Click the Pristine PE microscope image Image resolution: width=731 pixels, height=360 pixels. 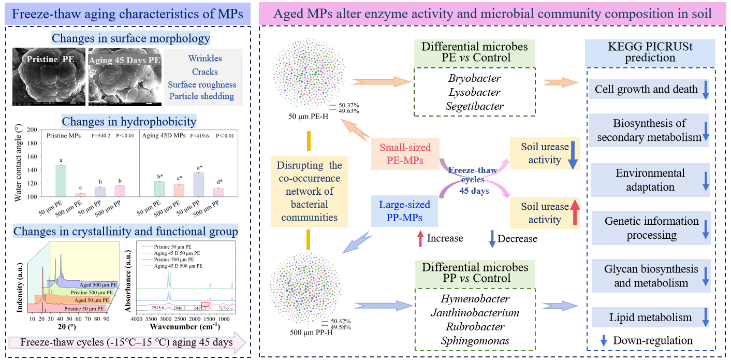point(48,76)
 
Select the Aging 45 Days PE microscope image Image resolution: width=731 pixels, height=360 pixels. point(124,76)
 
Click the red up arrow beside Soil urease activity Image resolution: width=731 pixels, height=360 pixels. point(575,213)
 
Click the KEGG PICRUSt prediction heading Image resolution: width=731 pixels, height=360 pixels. point(650,52)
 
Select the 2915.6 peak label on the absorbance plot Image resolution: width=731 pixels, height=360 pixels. point(155,308)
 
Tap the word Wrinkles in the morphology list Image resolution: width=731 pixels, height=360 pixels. point(205,59)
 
